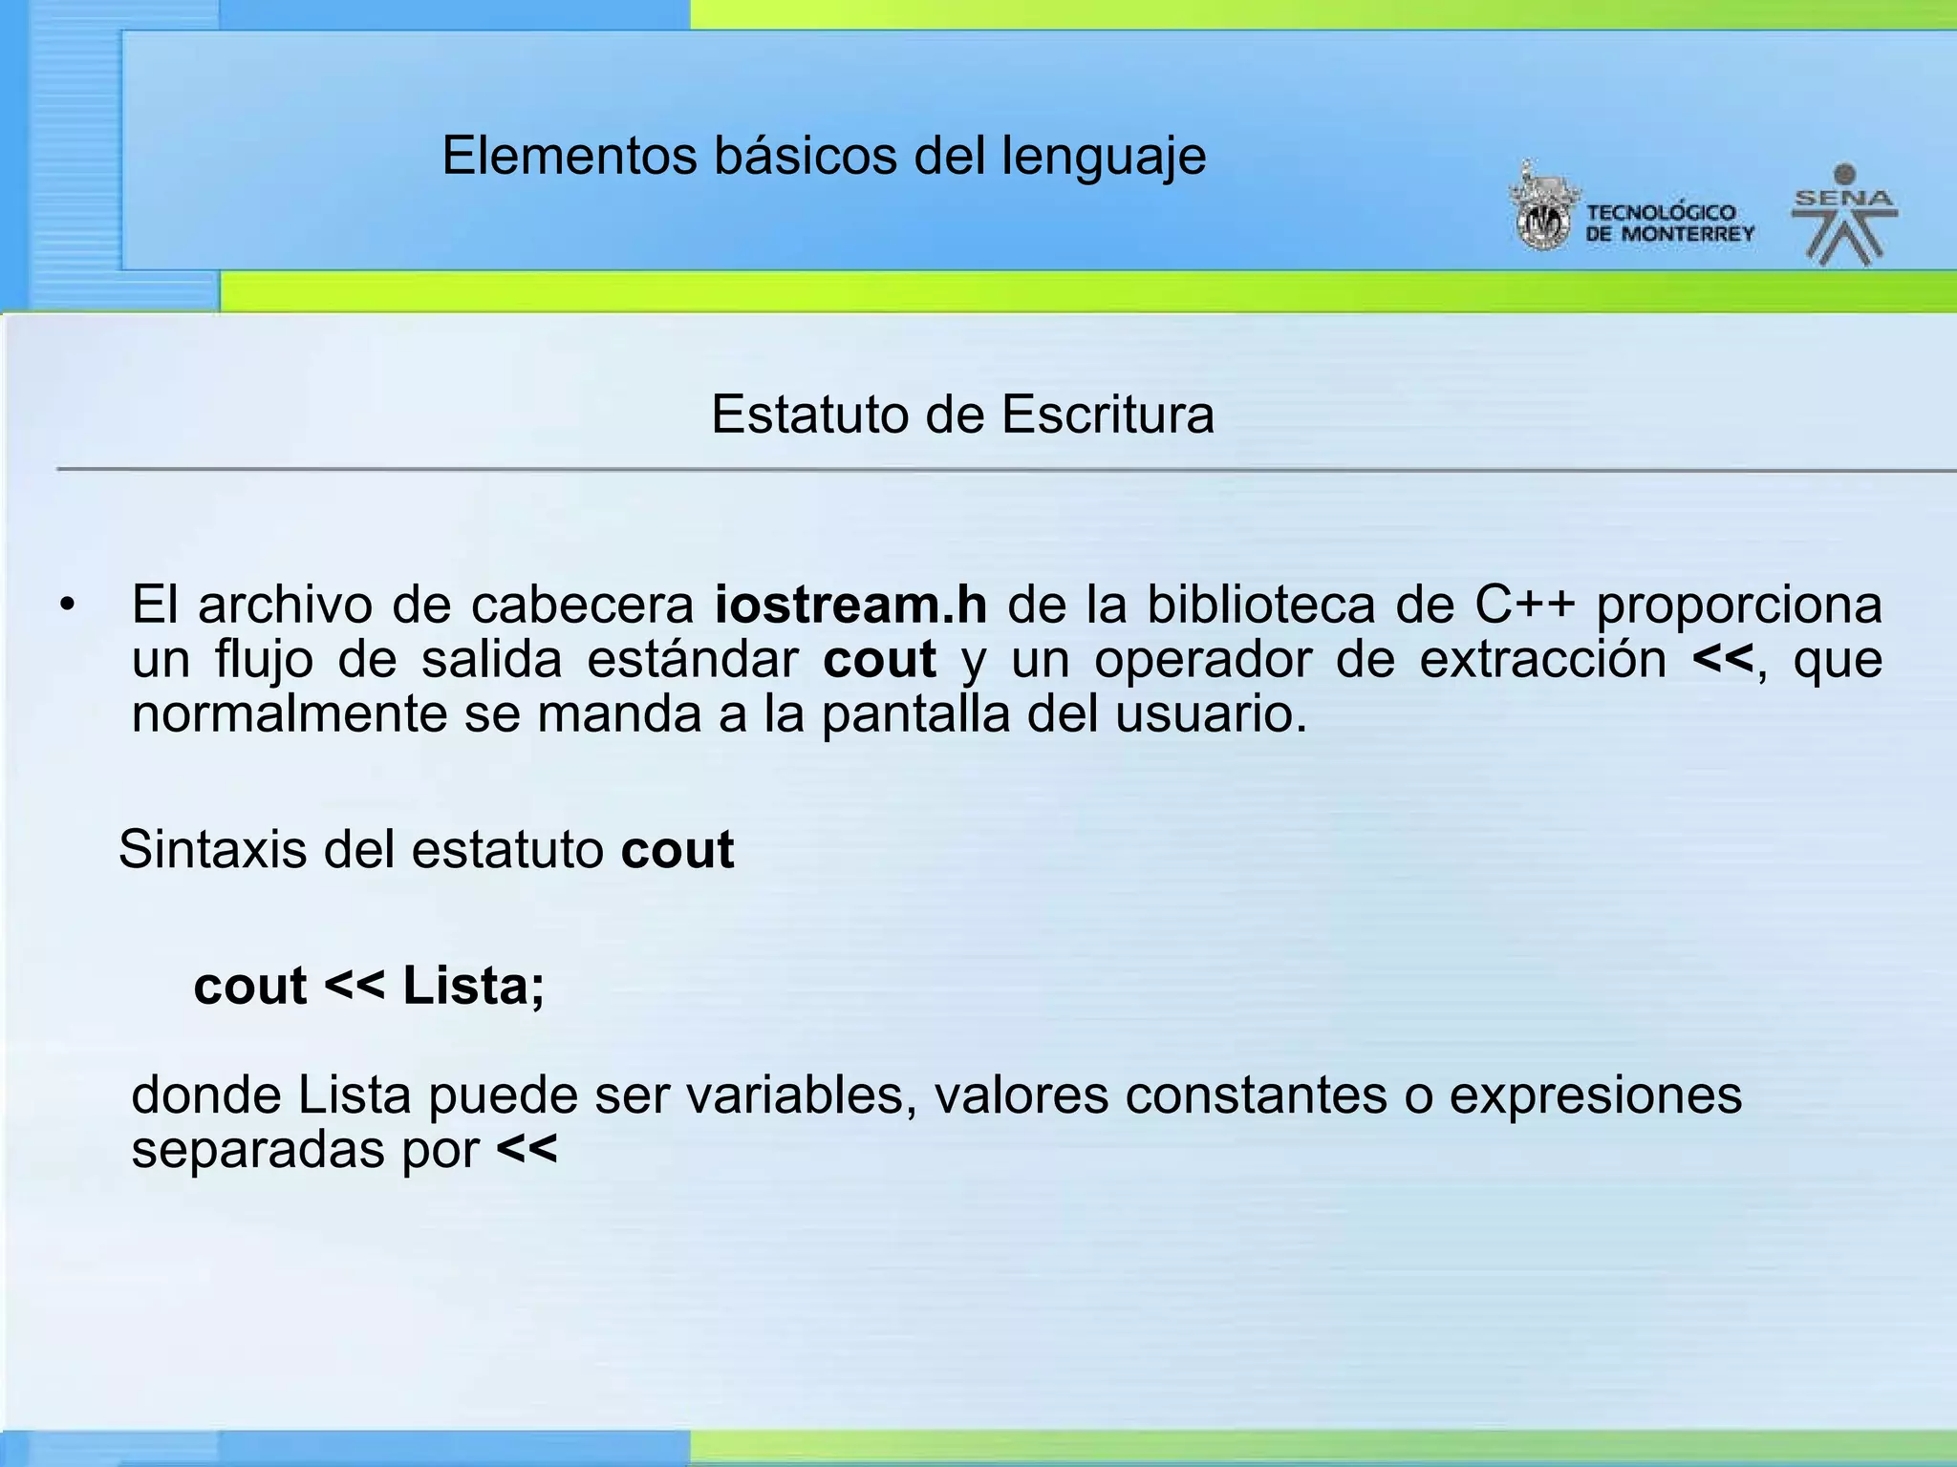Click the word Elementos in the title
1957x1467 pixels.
point(570,156)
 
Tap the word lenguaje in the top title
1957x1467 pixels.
point(1104,158)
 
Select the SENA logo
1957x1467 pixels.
point(1844,215)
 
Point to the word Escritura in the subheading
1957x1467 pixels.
point(1108,415)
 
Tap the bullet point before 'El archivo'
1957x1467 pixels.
point(66,606)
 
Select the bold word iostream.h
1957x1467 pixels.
point(850,605)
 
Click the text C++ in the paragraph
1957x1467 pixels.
point(1524,605)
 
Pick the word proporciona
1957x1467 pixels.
point(1739,606)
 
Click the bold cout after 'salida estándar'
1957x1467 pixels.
point(879,660)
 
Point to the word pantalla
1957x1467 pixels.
point(915,715)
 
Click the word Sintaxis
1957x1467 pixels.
point(212,849)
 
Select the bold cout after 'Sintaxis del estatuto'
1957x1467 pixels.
point(677,850)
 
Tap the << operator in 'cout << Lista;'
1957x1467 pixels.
point(355,986)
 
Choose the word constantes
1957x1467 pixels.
point(1256,1095)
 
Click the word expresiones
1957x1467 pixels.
point(1595,1096)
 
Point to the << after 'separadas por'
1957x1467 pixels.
point(527,1150)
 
